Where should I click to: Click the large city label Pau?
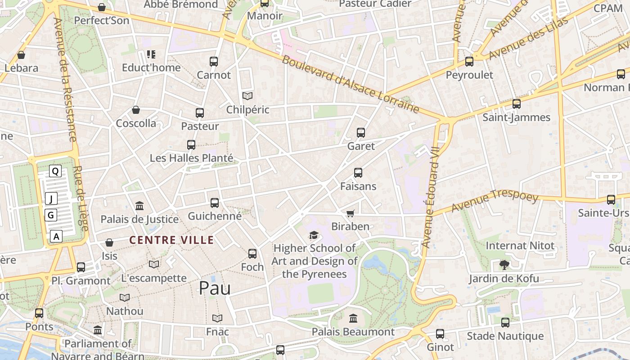pos(215,288)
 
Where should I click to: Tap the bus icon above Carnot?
pos(214,61)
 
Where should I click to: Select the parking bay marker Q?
pos(55,171)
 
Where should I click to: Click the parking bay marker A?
pos(56,236)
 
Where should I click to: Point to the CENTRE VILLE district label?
pos(171,240)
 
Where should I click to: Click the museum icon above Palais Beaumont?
pos(353,318)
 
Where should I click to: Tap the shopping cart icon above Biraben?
pos(350,213)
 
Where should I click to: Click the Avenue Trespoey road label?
pos(495,202)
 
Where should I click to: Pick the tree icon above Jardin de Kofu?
pos(504,265)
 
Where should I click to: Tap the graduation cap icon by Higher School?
pos(314,235)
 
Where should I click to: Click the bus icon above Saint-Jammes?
pos(517,104)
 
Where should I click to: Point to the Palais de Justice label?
pos(139,219)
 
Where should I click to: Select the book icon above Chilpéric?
pos(247,96)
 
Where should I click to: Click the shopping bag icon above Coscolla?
pos(136,110)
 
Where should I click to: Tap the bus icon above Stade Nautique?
pos(505,322)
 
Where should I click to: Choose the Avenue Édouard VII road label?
pos(430,198)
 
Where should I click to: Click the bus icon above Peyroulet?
pos(469,62)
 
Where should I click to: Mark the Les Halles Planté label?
pos(191,158)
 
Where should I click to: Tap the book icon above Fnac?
pos(217,318)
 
